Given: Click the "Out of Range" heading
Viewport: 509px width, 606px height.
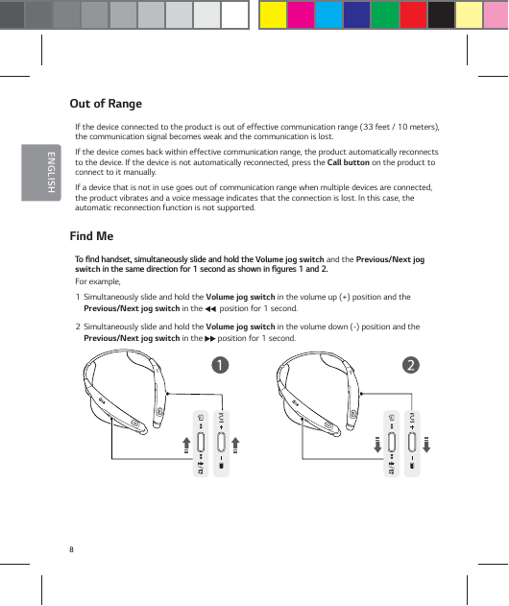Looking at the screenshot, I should [106, 104].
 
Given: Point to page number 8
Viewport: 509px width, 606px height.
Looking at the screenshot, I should [71, 548].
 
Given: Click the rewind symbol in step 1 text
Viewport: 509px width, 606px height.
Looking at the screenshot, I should [209, 309].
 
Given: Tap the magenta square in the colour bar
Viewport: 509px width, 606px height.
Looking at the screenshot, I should [302, 15].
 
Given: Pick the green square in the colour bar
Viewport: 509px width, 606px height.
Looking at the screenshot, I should [385, 15].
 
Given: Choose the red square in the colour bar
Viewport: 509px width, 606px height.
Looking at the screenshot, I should [413, 15].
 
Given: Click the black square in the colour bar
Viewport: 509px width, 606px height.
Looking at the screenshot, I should [441, 15].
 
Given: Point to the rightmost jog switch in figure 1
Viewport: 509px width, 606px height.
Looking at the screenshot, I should [222, 442].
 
